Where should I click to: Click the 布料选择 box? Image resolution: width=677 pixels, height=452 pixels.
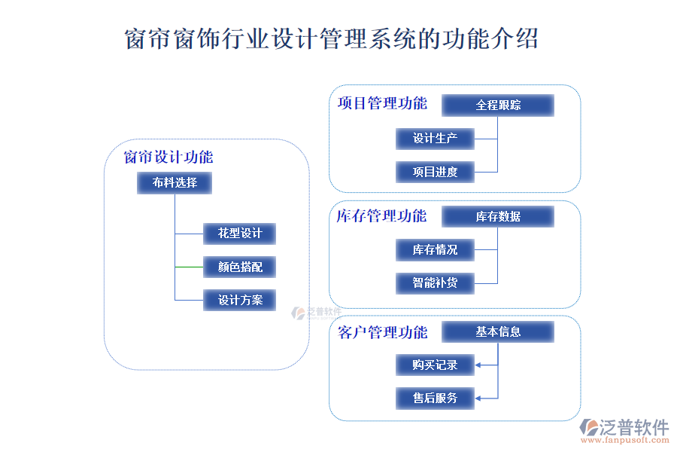175,182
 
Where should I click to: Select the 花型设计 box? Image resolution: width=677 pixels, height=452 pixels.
240,234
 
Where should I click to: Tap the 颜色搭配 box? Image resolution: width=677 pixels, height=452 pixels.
240,267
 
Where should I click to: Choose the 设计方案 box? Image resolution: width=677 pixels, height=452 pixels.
240,300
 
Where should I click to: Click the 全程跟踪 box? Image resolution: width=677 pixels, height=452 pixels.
497,105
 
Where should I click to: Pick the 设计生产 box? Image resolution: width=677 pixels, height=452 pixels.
436,139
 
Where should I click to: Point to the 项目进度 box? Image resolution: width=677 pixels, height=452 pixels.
436,172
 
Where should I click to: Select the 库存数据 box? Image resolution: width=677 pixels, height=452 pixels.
497,217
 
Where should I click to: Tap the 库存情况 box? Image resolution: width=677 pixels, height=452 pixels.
436,250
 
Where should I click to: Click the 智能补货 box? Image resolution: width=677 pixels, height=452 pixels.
436,283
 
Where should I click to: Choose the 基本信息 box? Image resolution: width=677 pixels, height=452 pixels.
497,331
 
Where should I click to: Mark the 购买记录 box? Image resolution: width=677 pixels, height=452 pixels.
436,365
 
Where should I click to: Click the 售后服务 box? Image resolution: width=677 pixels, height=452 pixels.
436,399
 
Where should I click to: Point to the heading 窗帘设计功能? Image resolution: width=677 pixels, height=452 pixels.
168,157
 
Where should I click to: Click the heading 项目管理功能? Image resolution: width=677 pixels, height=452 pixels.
382,103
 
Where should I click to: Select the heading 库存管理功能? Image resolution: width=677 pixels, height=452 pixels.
381,216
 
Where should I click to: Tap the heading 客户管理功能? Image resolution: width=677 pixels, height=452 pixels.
382,332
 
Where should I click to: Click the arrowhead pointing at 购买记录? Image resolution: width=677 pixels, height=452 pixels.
479,365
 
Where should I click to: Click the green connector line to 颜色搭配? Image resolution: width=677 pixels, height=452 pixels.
189,267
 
